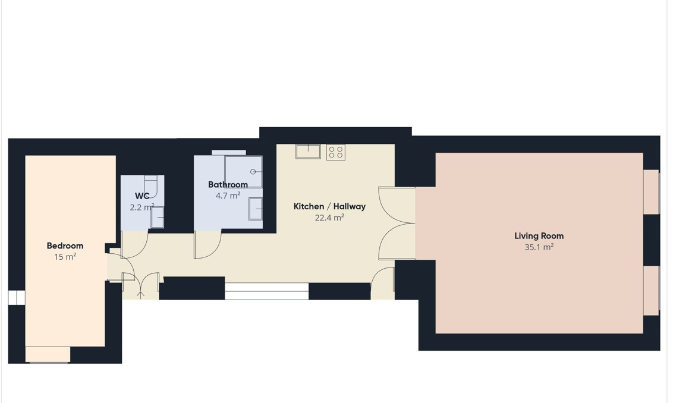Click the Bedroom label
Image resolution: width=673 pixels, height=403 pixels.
(x=65, y=246)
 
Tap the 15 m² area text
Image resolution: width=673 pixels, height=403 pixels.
(x=65, y=257)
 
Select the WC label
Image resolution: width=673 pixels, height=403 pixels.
(x=142, y=196)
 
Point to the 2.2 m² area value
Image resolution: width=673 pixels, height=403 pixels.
(x=142, y=207)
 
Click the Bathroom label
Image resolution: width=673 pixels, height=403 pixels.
(x=228, y=184)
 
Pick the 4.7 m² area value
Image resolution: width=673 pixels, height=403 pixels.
(x=228, y=196)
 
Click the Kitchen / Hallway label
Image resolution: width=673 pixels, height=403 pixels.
(x=329, y=206)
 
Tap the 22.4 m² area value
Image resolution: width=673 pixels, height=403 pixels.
(x=329, y=218)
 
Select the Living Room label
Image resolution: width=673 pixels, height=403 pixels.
(x=539, y=235)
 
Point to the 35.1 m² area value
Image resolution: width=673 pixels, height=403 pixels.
(x=539, y=247)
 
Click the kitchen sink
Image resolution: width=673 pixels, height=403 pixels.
(x=308, y=152)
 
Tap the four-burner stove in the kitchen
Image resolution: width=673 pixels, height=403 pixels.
(x=336, y=152)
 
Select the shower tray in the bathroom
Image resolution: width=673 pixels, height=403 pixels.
(x=243, y=172)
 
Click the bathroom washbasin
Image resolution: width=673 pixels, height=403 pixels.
(x=256, y=209)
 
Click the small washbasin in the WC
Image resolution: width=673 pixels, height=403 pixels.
(x=158, y=217)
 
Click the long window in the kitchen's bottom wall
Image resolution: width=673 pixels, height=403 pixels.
(x=266, y=291)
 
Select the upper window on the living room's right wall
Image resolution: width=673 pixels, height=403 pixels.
(x=651, y=192)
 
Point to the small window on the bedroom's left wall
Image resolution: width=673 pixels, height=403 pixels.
(x=17, y=298)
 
